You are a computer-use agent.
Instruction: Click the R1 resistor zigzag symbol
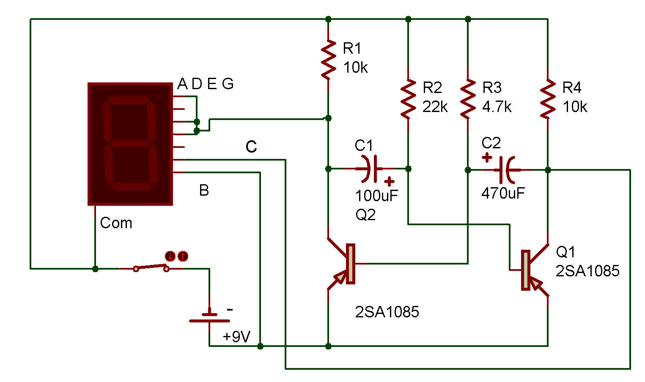point(329,60)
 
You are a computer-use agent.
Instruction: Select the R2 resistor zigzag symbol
point(408,99)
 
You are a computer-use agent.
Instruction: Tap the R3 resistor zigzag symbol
point(468,99)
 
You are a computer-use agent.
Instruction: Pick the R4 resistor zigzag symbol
point(548,99)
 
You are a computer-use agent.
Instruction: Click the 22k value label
point(435,107)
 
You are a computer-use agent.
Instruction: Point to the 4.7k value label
point(497,107)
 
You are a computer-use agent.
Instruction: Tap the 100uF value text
point(376,196)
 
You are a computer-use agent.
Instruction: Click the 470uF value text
point(503,193)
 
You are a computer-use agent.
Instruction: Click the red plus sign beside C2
point(487,158)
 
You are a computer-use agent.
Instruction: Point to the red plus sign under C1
point(389,182)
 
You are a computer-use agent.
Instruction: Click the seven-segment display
point(130,144)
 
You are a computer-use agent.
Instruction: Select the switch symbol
point(151,268)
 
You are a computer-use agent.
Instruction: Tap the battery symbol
point(209,318)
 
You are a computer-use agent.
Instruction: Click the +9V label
point(236,336)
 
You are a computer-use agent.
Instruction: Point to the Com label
point(116,223)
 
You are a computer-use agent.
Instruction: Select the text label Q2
point(365,215)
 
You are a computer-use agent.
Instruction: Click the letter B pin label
point(204,190)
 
